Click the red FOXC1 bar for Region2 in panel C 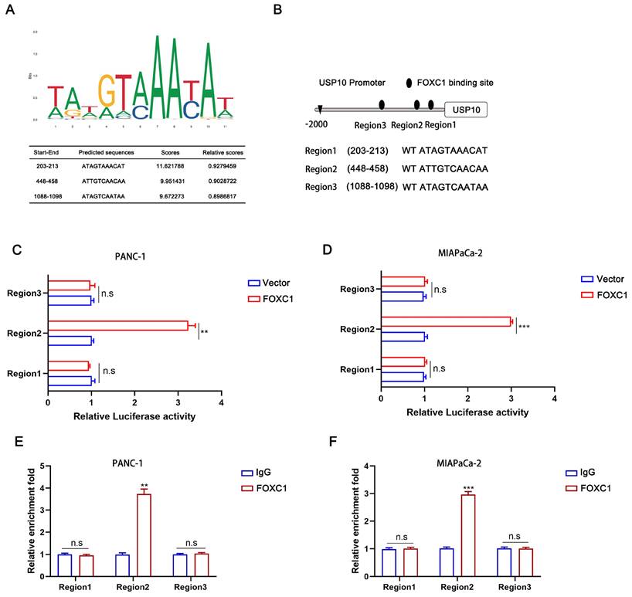116,325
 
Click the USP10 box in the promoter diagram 466,110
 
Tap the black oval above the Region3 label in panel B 381,105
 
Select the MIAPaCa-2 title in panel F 461,452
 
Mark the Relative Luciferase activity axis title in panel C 134,416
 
